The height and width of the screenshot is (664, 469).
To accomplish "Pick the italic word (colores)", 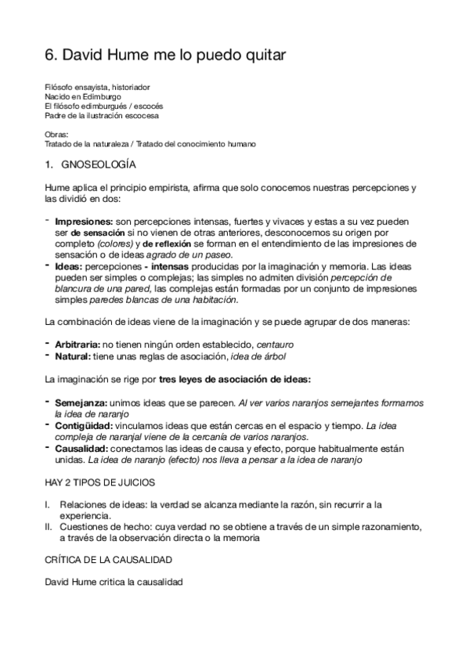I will pos(120,244).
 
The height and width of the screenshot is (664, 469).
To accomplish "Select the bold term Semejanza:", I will pos(78,402).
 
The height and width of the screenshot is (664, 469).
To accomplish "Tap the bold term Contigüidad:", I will pos(82,425).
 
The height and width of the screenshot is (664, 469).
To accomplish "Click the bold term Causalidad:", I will pos(81,449).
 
